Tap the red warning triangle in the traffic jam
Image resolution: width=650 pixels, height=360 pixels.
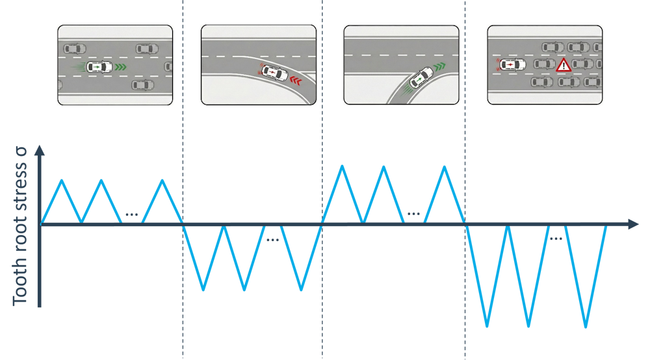pyautogui.click(x=562, y=65)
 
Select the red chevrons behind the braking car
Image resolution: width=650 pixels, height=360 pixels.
pyautogui.click(x=297, y=81)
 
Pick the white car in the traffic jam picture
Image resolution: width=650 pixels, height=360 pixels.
pyautogui.click(x=513, y=65)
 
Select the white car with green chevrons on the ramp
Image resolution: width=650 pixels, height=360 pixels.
pyautogui.click(x=421, y=78)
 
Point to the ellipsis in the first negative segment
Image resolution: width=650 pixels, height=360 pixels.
pyautogui.click(x=272, y=240)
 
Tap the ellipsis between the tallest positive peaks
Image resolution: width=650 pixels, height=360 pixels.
pyautogui.click(x=414, y=213)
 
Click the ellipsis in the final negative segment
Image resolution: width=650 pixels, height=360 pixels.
pyautogui.click(x=556, y=238)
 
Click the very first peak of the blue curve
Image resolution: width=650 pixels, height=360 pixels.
pyautogui.click(x=61, y=179)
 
